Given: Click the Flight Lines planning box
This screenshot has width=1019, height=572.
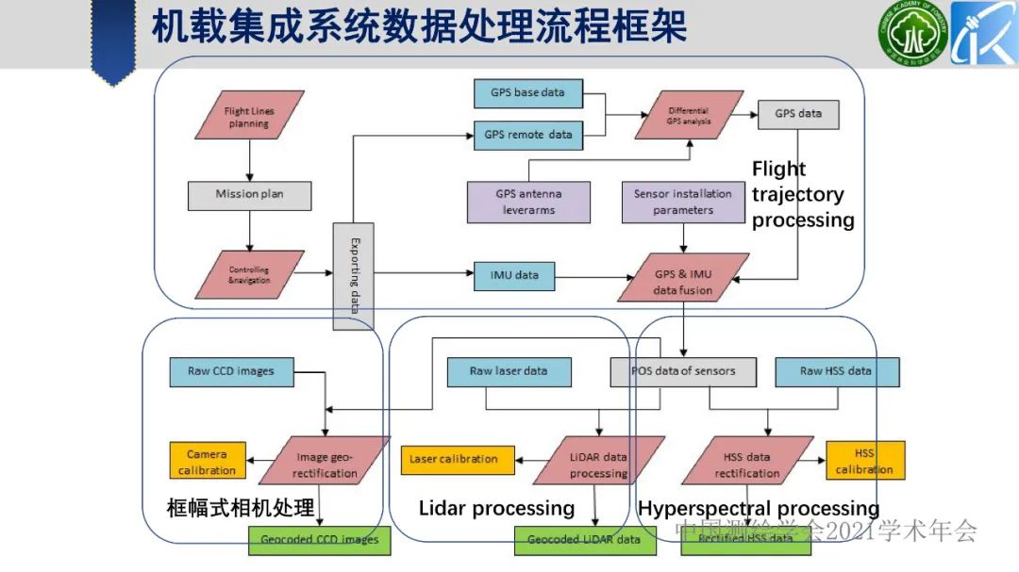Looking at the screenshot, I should click(x=249, y=118).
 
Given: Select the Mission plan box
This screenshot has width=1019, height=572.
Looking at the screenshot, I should click(x=249, y=194).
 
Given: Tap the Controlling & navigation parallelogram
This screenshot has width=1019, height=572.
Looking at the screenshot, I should click(x=249, y=275).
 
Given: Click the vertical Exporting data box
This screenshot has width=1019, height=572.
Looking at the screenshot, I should click(x=354, y=276).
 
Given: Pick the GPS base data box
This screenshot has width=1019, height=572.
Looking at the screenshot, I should click(x=527, y=93).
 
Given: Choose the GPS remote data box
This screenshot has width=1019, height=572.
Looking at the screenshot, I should click(x=527, y=135).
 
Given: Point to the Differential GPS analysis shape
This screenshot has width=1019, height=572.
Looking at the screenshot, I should click(x=689, y=115).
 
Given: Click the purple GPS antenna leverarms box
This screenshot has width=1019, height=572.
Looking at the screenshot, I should click(x=528, y=202).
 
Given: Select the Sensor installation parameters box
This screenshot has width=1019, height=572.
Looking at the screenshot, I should click(x=682, y=202).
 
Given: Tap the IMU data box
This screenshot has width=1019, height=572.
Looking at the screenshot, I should click(x=514, y=275).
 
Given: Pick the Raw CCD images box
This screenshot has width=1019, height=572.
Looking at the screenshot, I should click(x=231, y=371).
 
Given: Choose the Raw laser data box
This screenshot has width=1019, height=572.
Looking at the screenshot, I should click(x=508, y=371).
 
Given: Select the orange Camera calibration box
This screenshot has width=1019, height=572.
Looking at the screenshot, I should click(x=207, y=462).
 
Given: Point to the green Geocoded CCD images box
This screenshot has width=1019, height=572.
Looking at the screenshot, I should click(x=320, y=540).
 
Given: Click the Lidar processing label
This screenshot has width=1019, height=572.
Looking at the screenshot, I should click(x=496, y=509).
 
